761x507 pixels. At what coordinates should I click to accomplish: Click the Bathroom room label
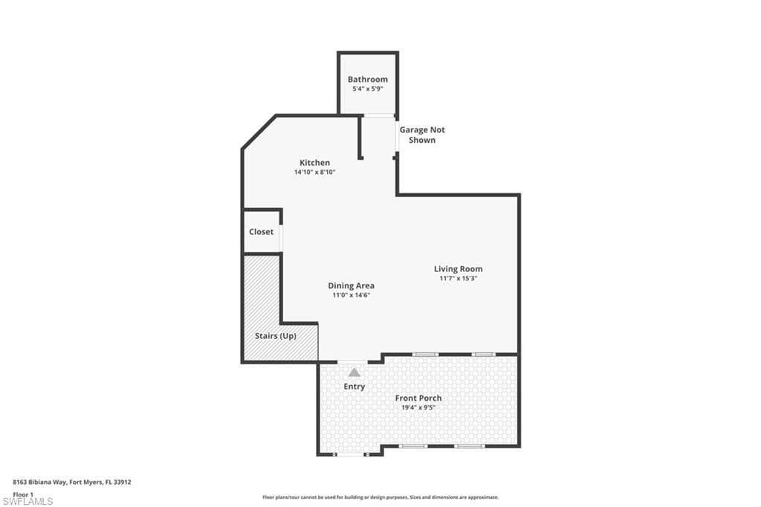pos(367,79)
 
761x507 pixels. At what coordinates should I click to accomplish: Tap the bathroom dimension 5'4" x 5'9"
pos(367,89)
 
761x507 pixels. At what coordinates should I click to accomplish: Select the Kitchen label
pos(314,163)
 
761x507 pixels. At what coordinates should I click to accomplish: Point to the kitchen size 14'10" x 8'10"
pos(314,172)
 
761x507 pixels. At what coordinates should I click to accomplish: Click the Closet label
pos(261,232)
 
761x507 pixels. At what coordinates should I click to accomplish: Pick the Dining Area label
pos(351,285)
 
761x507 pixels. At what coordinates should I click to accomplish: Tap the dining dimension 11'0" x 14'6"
pos(351,295)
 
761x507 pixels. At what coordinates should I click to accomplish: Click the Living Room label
pos(458,268)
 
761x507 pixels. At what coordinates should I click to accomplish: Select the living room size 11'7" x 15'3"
pos(458,279)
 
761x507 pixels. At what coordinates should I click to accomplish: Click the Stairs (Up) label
pos(275,336)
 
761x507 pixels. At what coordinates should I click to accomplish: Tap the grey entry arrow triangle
pos(354,372)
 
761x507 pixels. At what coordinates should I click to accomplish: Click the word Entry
pos(354,387)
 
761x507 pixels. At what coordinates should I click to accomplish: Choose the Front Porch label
pos(418,398)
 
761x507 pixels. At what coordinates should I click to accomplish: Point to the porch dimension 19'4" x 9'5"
pos(418,408)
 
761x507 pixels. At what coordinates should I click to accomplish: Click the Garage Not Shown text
pos(422,135)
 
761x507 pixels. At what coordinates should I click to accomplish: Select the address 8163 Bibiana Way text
pos(39,482)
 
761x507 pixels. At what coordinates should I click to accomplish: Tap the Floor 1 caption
pos(23,495)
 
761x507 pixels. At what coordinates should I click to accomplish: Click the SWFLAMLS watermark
pos(27,502)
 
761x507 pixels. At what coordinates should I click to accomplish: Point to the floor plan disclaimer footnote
pos(380,497)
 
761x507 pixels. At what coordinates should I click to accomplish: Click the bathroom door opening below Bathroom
pos(378,115)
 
